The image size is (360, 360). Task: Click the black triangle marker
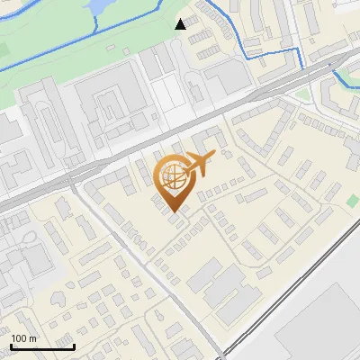[x=181, y=23]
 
